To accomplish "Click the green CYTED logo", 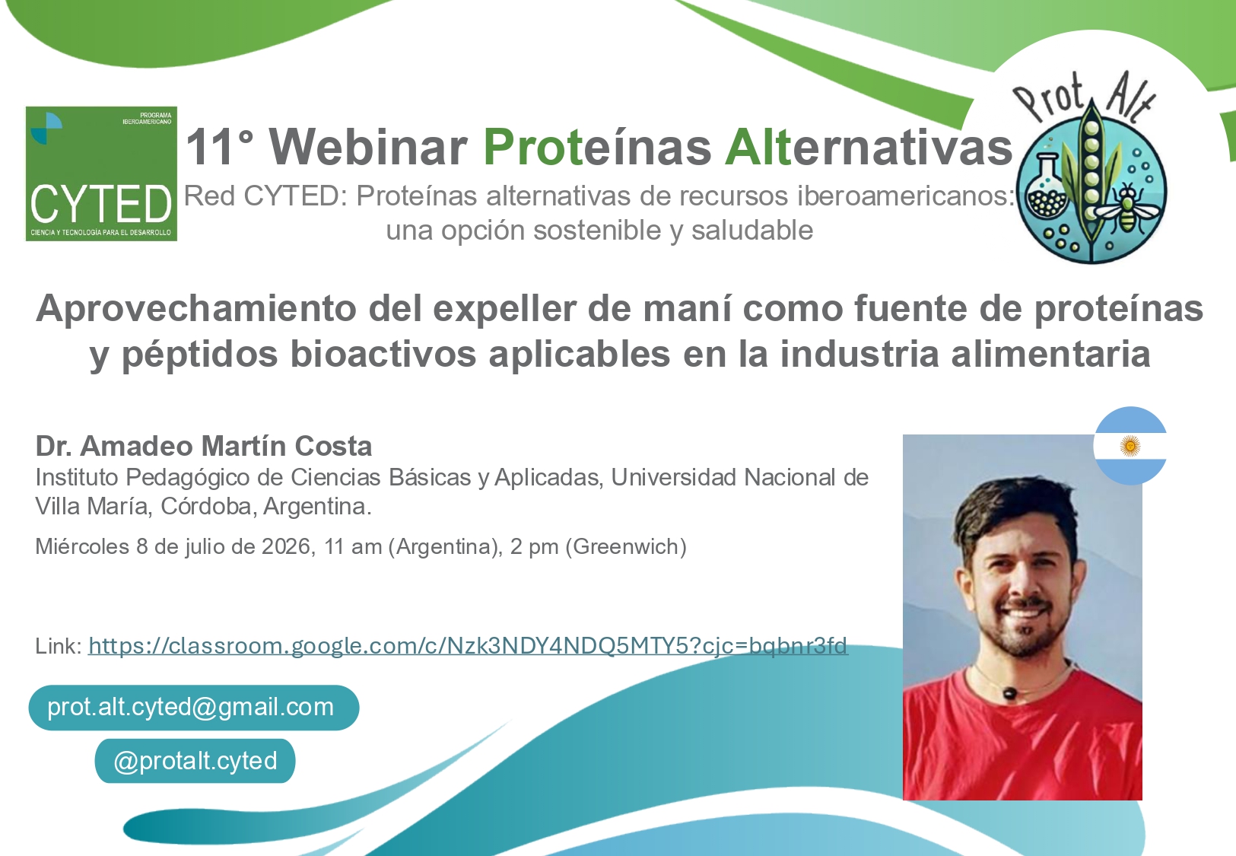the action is (x=101, y=173).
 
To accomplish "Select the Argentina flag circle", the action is (x=1130, y=446).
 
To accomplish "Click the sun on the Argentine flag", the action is (x=1130, y=446).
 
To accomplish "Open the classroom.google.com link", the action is (x=468, y=646).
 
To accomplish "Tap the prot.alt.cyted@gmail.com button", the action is (x=194, y=708).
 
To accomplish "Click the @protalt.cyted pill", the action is (x=195, y=761).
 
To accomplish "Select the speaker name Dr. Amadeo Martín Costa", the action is (x=204, y=446).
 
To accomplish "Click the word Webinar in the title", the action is (x=368, y=147).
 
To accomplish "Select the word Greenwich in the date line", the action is (x=626, y=547).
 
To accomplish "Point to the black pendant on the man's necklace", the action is (x=1010, y=692).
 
